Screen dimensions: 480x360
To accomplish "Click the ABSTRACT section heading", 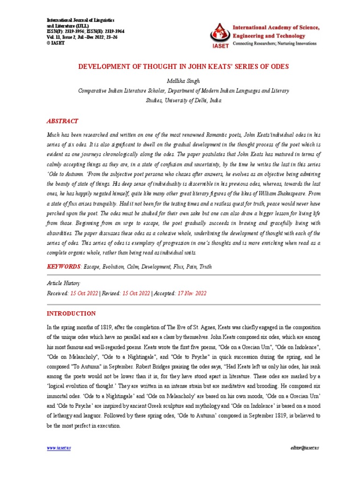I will pos(62,120).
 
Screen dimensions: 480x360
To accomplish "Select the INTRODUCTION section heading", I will pos(71,314).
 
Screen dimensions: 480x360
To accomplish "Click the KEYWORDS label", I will pos(64,267).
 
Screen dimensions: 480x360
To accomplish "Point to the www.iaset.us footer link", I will pos(59,449).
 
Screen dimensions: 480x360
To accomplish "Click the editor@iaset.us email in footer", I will pos(304,449).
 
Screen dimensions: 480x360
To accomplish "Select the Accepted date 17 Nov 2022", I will pos(191,293).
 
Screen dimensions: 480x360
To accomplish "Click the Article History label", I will pos(64,284).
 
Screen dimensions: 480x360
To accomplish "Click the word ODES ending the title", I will pos(279,67).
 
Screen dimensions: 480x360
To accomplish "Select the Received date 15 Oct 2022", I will pos(84,293).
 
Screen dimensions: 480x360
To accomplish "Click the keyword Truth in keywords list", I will pos(205,267).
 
